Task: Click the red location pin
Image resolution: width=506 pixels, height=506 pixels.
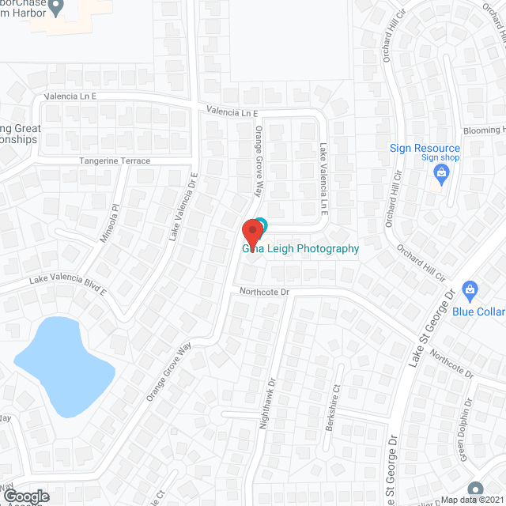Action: pos(252,232)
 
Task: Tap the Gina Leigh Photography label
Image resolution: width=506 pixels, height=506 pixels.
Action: pos(300,248)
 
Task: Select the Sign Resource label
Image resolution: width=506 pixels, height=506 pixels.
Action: pos(425,148)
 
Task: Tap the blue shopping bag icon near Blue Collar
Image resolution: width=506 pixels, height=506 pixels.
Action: pos(470,290)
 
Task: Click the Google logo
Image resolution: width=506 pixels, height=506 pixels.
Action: pos(25,496)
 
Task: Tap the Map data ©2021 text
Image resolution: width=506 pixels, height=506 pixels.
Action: pos(472,500)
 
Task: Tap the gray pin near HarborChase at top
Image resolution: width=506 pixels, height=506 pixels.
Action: pos(55,8)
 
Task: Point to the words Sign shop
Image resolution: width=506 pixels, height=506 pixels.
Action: pos(440,158)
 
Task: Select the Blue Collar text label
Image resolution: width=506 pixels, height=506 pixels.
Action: pos(478,311)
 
